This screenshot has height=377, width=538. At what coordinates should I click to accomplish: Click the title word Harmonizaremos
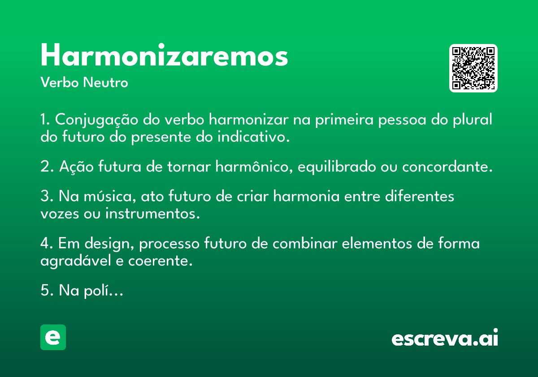[164, 55]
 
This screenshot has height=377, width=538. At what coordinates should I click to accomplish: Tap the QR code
[473, 68]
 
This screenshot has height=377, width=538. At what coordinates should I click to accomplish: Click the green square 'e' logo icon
[53, 337]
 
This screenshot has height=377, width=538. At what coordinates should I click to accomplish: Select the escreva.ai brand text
[445, 338]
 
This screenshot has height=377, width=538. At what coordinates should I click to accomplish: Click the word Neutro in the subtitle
[105, 82]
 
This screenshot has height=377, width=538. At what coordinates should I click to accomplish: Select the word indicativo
[253, 137]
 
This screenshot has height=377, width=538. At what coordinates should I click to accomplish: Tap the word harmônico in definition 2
[254, 167]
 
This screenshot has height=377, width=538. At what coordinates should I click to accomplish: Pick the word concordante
[447, 167]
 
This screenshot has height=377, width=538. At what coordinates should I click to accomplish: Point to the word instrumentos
[152, 214]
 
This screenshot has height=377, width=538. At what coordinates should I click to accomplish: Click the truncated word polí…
[104, 291]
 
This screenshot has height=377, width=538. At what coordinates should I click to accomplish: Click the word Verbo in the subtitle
[60, 82]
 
